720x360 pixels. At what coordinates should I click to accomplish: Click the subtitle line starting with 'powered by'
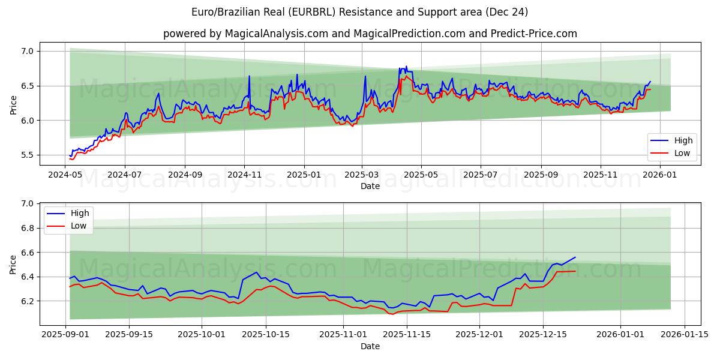[370, 34]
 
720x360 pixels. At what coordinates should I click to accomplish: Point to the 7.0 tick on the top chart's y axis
[27, 52]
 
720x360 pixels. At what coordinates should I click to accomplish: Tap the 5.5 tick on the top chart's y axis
[27, 155]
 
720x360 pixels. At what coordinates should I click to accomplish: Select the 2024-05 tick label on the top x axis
[65, 175]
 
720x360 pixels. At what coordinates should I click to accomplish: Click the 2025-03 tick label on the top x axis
[362, 175]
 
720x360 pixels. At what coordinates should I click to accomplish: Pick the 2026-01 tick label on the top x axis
[659, 175]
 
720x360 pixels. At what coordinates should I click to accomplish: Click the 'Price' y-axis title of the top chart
[13, 104]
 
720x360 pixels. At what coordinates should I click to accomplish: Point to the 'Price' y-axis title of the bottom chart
[13, 264]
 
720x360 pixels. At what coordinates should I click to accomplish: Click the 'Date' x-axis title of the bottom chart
[370, 346]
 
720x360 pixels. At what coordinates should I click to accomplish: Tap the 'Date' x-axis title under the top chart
[370, 186]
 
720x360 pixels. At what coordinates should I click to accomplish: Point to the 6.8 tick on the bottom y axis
[27, 229]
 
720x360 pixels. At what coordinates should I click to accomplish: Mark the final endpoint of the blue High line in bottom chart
[575, 257]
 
